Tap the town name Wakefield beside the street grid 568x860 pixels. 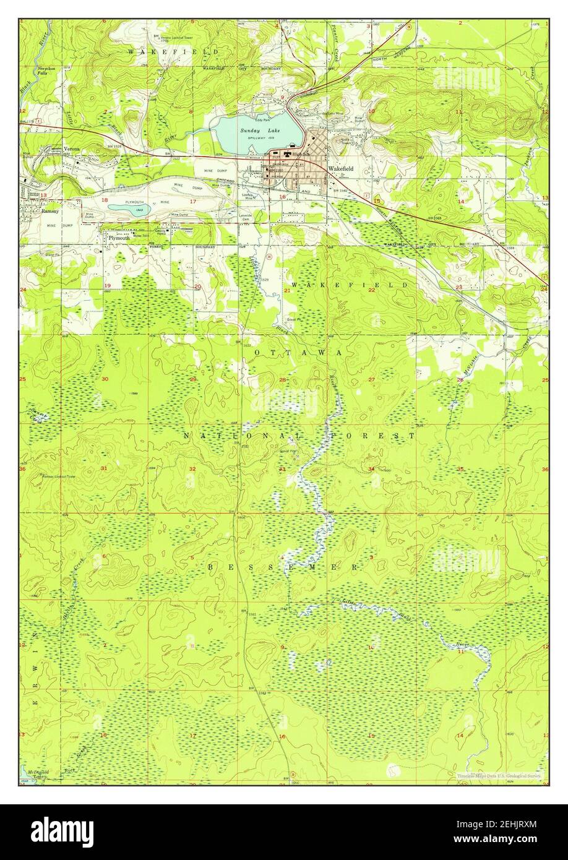(341, 168)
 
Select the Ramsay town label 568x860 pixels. (49, 211)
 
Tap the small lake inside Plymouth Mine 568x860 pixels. (129, 209)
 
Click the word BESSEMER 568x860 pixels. (282, 567)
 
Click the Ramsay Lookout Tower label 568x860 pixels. (57, 476)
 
